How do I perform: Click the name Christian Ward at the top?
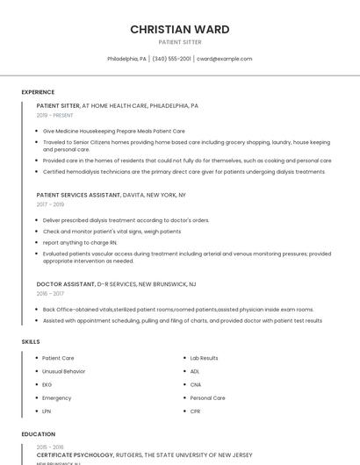[180, 29]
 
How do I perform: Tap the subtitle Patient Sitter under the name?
[180, 42]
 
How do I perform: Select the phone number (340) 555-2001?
[171, 59]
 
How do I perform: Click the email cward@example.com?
[224, 59]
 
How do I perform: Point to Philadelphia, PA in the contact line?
[126, 59]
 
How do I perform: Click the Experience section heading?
[38, 92]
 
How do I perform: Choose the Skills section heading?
[31, 341]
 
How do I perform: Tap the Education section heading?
[38, 434]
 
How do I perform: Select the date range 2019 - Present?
[54, 115]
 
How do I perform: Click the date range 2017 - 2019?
[50, 204]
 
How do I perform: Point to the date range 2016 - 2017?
[50, 294]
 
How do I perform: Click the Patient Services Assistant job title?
[78, 195]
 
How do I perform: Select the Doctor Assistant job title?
[65, 284]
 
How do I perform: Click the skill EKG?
[47, 384]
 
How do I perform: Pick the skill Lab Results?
[204, 358]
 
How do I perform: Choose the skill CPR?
[195, 411]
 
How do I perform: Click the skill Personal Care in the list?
[207, 397]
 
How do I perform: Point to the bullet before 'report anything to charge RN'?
[36, 242]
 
